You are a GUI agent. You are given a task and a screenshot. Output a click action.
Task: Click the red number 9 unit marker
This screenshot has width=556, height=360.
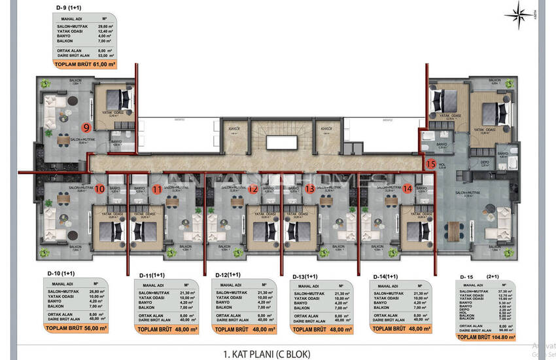[86, 126]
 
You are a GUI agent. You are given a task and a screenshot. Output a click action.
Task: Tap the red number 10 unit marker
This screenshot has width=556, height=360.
[99, 189]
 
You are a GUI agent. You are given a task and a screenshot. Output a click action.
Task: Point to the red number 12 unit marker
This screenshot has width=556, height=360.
[253, 189]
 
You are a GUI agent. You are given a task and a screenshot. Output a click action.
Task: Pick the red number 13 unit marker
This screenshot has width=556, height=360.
[310, 189]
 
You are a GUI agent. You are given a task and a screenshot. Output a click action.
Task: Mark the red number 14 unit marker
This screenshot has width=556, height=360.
[408, 189]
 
